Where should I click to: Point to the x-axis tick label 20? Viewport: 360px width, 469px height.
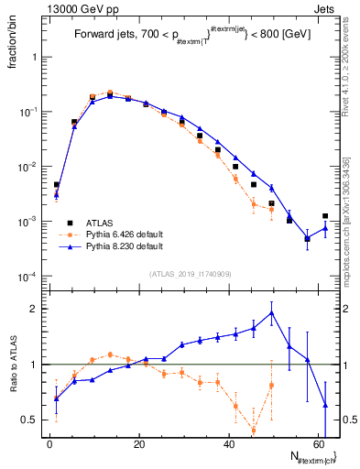point(139,443)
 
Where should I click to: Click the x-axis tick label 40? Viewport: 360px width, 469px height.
point(229,443)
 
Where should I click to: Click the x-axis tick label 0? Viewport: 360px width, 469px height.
point(49,443)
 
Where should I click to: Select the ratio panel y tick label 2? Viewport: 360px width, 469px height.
point(33,309)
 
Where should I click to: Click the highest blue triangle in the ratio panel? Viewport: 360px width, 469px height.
point(271,312)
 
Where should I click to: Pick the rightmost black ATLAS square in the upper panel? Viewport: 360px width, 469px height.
point(325,216)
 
